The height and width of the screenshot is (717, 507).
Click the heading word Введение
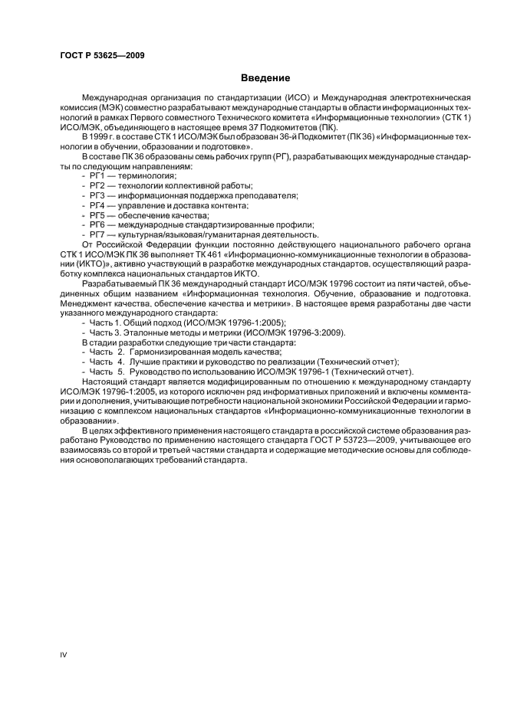click(265, 78)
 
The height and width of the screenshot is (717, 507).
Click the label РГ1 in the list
click(97, 175)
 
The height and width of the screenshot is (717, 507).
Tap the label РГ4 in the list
click(97, 205)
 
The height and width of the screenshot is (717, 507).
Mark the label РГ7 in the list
click(97, 234)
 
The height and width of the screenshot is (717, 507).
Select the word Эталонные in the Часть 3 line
click(148, 332)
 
